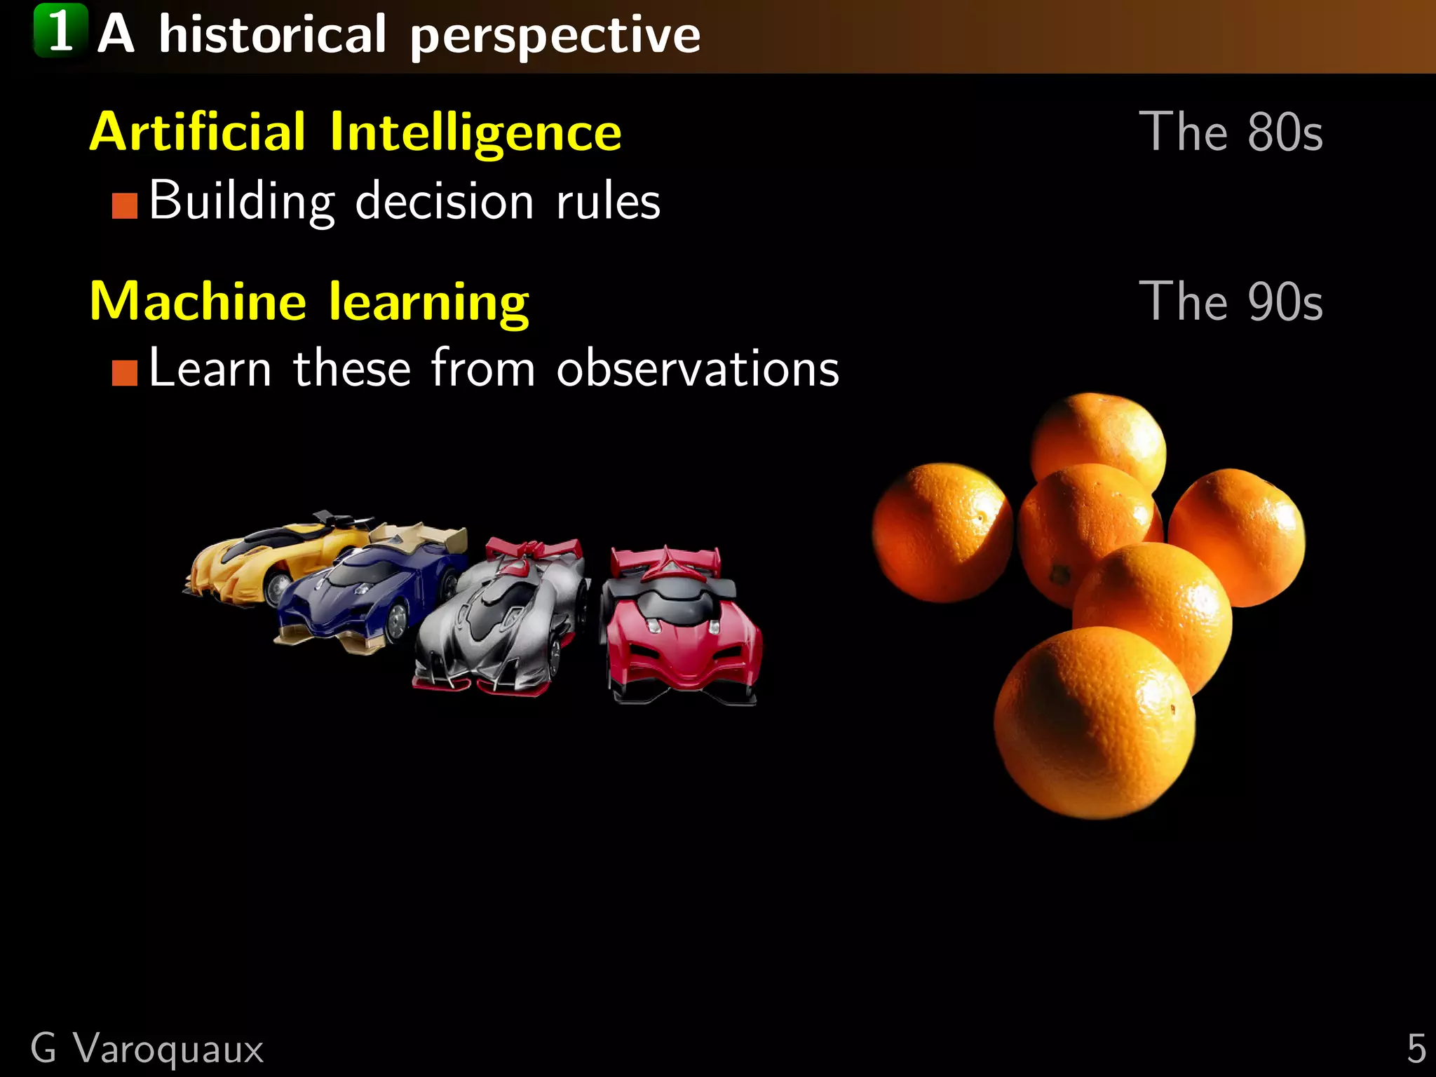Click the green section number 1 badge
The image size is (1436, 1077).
(x=60, y=31)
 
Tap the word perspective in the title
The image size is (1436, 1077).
(x=555, y=36)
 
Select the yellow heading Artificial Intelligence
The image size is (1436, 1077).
(x=355, y=132)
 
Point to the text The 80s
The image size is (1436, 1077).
(x=1231, y=132)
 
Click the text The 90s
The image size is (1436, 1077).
(x=1231, y=302)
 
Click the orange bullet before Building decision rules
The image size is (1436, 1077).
(x=124, y=206)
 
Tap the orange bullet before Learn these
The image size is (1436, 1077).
(x=124, y=373)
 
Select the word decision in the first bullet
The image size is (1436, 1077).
(x=445, y=202)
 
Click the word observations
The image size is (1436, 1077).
(x=698, y=369)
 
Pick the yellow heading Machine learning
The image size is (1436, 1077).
(x=309, y=302)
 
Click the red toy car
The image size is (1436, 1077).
(x=680, y=624)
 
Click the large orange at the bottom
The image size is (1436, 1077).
(x=1094, y=722)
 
